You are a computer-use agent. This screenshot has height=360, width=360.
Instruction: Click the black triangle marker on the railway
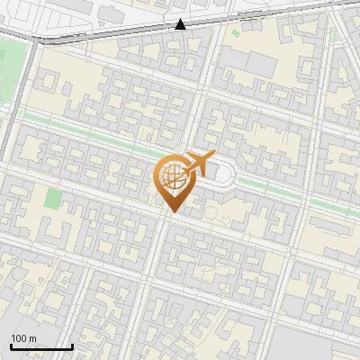click(x=181, y=25)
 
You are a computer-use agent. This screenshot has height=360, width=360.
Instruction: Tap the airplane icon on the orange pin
click(x=198, y=164)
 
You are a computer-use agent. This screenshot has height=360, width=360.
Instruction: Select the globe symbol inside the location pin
click(x=171, y=176)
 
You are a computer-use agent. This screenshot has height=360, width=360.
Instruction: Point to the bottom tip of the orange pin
click(x=172, y=211)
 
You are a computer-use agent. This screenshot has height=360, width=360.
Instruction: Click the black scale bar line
click(x=41, y=346)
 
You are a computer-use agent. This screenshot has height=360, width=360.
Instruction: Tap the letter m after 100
click(x=33, y=338)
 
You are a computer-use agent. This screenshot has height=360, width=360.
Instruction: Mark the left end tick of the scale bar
click(x=11, y=345)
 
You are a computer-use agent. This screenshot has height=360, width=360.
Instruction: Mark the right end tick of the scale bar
click(x=72, y=345)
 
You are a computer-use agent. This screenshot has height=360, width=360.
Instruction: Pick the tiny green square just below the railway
click(x=236, y=33)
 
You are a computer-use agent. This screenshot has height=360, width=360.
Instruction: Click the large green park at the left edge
click(x=11, y=67)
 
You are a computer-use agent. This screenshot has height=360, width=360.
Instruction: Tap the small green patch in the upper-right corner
click(x=334, y=35)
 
